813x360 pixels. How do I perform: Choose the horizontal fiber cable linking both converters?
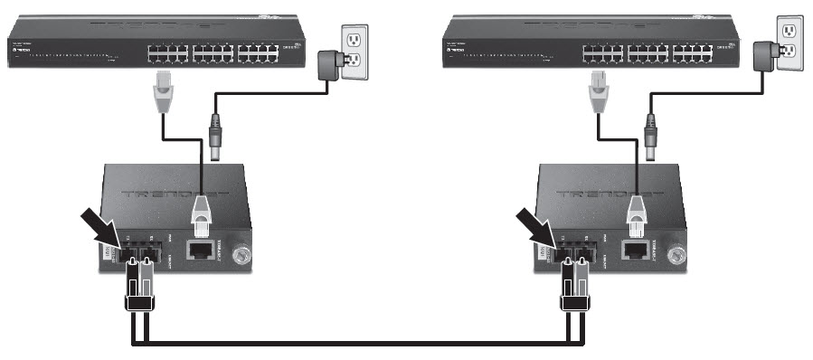[x=353, y=343]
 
